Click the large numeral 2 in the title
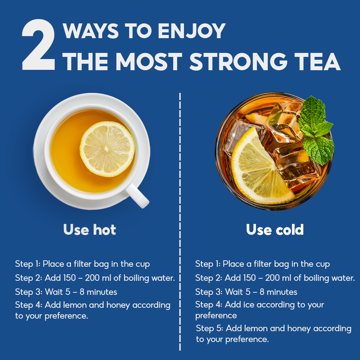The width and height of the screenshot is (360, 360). click(39, 45)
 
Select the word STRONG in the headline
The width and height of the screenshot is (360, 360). click(238, 62)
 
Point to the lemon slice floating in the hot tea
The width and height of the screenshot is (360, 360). click(107, 149)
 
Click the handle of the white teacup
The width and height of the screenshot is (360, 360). click(137, 195)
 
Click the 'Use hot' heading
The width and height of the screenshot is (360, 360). click(90, 229)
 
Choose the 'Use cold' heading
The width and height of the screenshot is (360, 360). click(275, 229)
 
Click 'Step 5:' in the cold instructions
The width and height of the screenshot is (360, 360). click(210, 328)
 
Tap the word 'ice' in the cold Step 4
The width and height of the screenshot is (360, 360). click(249, 305)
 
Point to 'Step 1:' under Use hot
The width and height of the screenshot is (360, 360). click(28, 264)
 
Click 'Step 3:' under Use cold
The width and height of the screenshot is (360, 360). click(209, 292)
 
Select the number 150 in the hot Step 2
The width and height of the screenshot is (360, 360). click(69, 278)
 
